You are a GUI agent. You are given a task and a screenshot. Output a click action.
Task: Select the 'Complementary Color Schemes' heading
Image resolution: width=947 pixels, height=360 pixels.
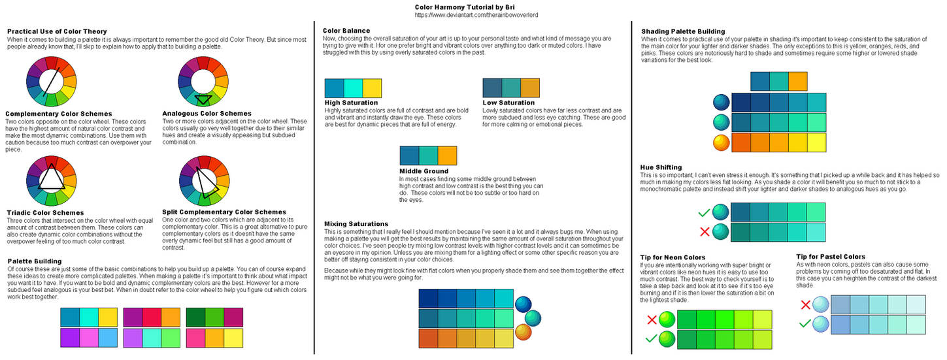(59, 114)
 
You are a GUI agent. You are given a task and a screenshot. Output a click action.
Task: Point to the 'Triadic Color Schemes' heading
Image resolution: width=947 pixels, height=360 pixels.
(44, 212)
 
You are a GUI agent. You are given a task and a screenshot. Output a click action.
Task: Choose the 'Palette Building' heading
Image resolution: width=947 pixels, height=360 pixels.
(35, 261)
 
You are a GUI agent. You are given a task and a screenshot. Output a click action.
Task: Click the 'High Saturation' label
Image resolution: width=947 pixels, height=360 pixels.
(351, 103)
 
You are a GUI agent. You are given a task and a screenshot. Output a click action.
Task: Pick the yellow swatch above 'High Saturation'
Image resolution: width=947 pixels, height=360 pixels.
(372, 88)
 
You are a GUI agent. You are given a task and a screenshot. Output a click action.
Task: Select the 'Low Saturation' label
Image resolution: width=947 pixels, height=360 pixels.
(508, 103)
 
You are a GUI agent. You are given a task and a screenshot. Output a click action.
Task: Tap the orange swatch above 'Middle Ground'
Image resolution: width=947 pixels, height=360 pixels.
(447, 155)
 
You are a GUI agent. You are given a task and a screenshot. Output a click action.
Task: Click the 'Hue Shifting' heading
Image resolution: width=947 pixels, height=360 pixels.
(661, 167)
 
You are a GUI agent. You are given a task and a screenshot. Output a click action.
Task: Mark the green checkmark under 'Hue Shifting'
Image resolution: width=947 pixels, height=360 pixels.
(704, 212)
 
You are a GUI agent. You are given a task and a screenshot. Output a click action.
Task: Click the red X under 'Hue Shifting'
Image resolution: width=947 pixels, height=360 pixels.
(704, 232)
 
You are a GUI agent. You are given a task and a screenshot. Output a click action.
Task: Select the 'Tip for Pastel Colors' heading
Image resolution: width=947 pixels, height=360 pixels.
(831, 257)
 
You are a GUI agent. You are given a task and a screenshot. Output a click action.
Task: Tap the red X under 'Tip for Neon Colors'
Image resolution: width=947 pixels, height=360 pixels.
(652, 319)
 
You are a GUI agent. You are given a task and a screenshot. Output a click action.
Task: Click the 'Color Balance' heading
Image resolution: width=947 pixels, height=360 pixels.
(346, 31)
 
